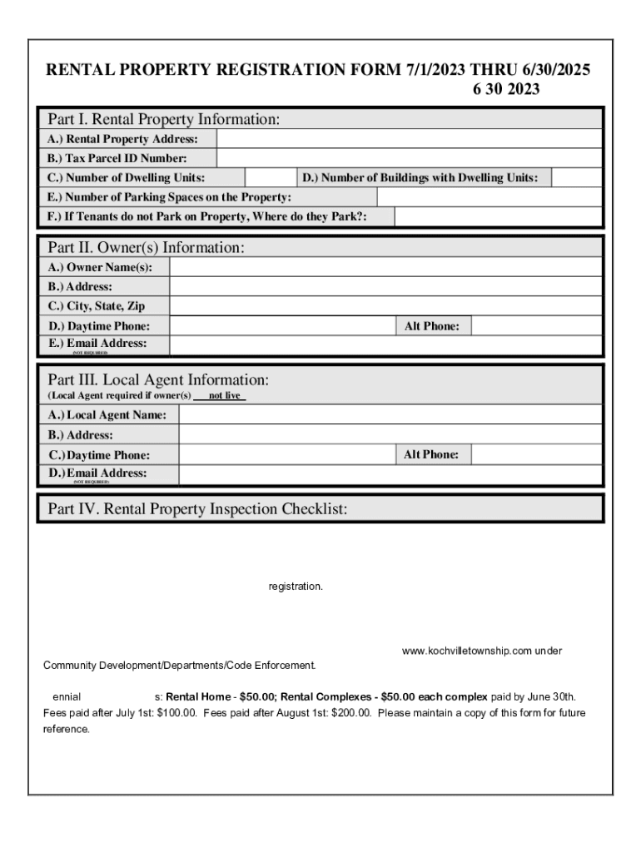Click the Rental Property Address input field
tap(408, 138)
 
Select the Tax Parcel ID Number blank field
tap(408, 158)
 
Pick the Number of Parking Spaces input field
tap(488, 197)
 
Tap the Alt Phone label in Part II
tap(431, 326)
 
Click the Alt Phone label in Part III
tap(431, 454)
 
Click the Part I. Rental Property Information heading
tap(163, 120)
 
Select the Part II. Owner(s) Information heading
tap(146, 247)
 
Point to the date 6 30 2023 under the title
tap(506, 90)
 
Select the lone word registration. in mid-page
tap(295, 587)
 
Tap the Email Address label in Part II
tap(107, 343)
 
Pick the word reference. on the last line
tap(66, 729)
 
